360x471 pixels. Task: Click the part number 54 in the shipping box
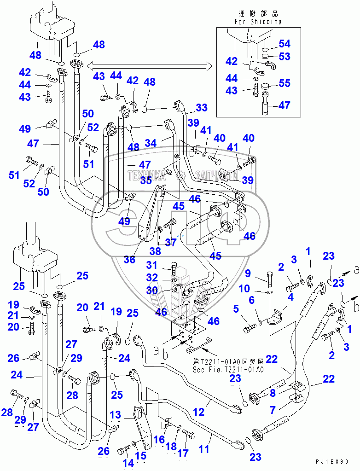point(285,44)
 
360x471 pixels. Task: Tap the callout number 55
point(285,83)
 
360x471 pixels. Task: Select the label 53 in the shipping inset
point(285,57)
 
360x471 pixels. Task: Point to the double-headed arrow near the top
point(150,65)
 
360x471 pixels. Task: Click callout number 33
point(201,108)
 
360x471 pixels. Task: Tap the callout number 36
point(129,260)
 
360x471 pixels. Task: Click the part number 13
point(115,416)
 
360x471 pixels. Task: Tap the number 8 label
point(273,394)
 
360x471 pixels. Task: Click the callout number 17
point(183,454)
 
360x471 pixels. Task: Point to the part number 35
point(146,180)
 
